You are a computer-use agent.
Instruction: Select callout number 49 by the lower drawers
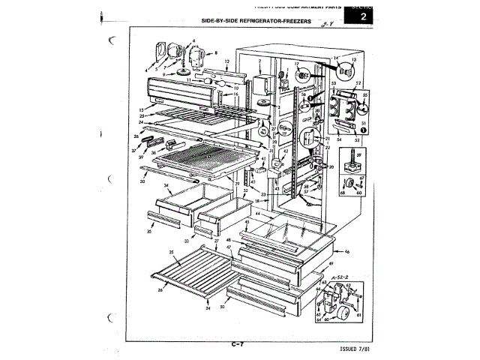331,265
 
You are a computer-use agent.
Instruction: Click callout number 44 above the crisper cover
258,214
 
